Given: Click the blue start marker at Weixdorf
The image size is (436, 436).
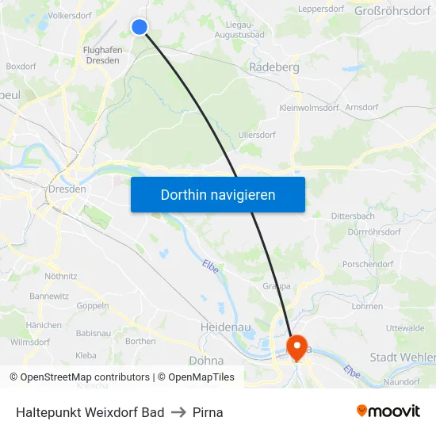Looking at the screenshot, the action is [x=140, y=27].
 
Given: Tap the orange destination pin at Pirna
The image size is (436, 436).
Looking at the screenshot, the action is [x=298, y=346].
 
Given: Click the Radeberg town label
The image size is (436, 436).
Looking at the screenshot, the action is [x=274, y=68].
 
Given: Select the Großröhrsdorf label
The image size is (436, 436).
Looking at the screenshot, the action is [x=394, y=10].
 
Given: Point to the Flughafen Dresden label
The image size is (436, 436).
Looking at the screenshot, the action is [x=102, y=55].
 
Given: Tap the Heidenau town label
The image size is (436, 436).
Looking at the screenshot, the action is [x=227, y=327].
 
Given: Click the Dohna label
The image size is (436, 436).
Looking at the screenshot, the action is [x=206, y=359].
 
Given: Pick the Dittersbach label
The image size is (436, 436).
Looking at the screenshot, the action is [x=353, y=215].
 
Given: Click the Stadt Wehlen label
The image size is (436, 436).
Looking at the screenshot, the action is [x=402, y=358].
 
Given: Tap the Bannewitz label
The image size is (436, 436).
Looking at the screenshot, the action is [x=50, y=296].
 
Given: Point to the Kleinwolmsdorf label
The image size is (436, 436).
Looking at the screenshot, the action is [x=309, y=107].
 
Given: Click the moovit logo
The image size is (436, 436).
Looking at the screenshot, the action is [x=388, y=411].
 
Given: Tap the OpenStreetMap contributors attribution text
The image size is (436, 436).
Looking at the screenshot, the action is [x=85, y=377].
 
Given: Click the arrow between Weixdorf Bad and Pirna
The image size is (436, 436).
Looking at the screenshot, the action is [x=178, y=412].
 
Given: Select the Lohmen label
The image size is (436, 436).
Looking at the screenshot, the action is [x=366, y=306].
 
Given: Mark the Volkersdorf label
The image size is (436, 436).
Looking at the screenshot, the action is [x=71, y=15].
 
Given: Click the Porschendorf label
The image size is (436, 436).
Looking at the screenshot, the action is [x=368, y=264].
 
